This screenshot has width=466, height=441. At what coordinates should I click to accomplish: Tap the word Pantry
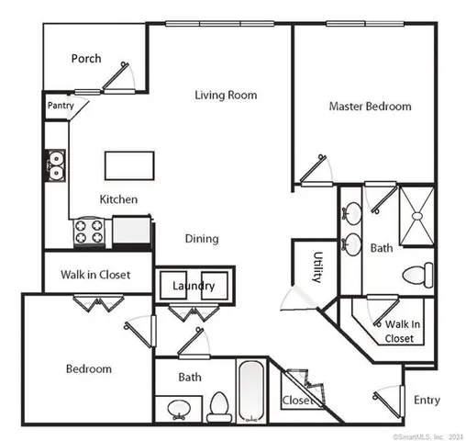(61, 106)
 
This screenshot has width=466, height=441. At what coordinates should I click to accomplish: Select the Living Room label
(225, 95)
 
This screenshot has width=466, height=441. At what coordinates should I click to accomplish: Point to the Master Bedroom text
(370, 107)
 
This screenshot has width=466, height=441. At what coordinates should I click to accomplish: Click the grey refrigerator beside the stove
(131, 230)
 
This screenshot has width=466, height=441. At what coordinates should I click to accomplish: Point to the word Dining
(202, 239)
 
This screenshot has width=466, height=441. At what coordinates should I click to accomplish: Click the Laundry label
(194, 286)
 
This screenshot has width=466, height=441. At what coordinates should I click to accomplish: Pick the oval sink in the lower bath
(178, 407)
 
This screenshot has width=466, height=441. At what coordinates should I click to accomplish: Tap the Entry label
(427, 400)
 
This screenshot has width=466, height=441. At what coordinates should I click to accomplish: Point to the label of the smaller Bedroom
(89, 369)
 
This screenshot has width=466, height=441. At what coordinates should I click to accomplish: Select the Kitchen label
(118, 199)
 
